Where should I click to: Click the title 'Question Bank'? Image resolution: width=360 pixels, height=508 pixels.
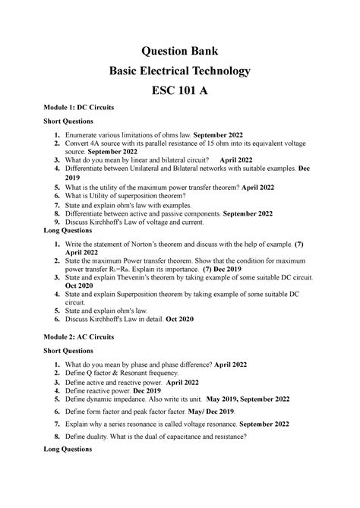coord(179,51)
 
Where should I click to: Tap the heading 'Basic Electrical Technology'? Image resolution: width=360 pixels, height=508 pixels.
coord(179,72)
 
